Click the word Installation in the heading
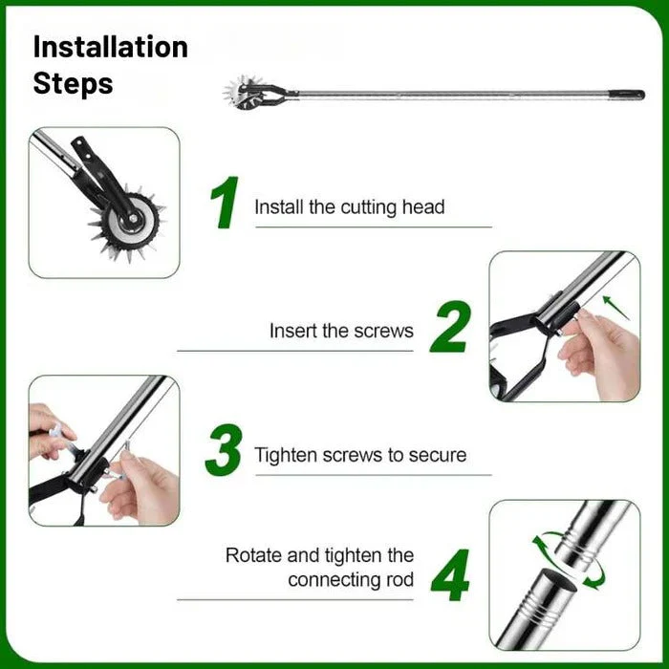(110, 47)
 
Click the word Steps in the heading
(73, 83)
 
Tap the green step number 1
(224, 203)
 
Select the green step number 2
(449, 328)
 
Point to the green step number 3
(224, 451)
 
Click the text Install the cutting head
(349, 206)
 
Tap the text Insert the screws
(341, 331)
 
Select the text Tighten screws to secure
(360, 455)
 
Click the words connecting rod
(351, 580)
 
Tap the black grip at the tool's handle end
(630, 95)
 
